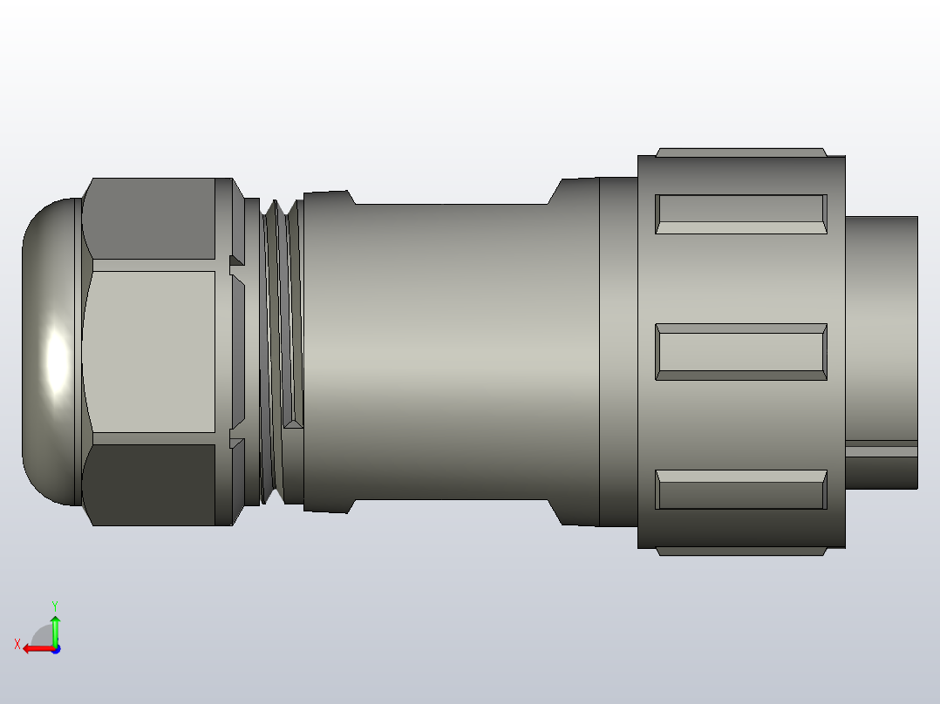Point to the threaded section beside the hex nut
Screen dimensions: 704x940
pos(281,353)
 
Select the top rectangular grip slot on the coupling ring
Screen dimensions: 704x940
pos(740,214)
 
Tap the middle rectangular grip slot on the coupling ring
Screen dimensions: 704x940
pos(740,352)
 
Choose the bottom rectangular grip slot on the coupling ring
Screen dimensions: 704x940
pos(740,490)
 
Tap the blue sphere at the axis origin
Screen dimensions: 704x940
pos(55,648)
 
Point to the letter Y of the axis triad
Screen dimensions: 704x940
pos(54,605)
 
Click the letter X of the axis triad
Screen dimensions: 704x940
pos(17,645)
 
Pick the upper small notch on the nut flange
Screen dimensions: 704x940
pos(236,261)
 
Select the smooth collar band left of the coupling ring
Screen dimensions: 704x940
pos(618,353)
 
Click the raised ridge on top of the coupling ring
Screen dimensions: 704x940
pos(740,152)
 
